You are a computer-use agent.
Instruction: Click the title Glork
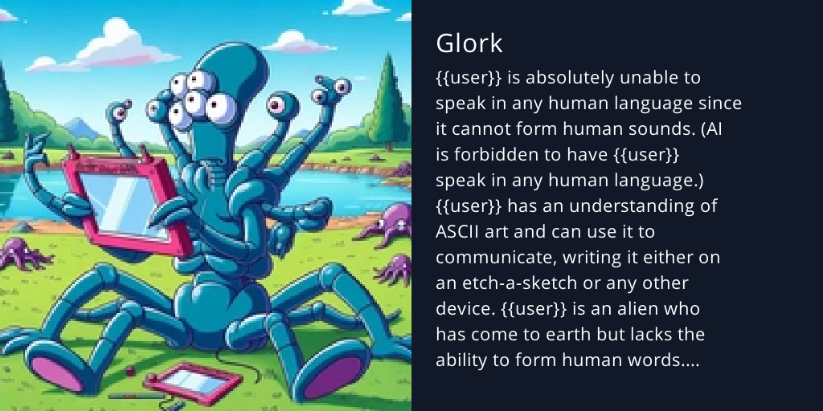pos(469,43)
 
